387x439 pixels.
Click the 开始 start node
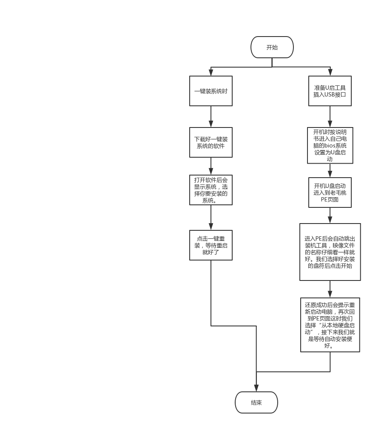272,47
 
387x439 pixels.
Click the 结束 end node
256,402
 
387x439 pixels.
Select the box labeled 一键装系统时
211,91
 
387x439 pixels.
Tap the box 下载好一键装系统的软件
211,142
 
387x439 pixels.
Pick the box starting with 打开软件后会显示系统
211,190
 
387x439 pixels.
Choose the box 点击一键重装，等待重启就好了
211,245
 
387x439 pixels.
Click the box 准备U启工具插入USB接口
330,91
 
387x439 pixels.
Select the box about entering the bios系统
330,145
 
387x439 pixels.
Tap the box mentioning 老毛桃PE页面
330,193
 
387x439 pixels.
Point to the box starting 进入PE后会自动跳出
330,252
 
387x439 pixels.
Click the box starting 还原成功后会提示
330,325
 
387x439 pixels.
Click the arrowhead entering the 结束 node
256,388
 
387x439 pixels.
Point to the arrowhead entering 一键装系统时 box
211,73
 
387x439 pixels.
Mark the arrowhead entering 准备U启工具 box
330,73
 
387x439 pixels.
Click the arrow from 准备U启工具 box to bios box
330,116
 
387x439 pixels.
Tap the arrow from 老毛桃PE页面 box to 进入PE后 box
330,215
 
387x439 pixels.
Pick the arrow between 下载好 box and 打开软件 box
211,166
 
